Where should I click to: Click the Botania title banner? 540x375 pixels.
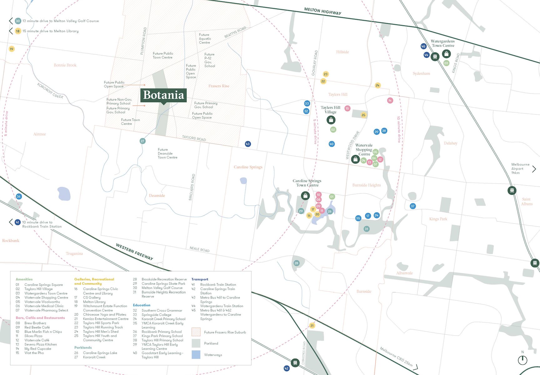(164, 95)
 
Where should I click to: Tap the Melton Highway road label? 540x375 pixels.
(323, 11)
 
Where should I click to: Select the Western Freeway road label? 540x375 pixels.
(134, 252)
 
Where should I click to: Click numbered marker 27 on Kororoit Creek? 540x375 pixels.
(142, 141)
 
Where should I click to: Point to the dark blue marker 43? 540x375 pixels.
(248, 144)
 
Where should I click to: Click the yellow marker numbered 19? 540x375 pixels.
(12, 49)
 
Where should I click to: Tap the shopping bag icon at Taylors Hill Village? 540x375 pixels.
(331, 120)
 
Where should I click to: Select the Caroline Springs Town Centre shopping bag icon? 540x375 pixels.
(305, 196)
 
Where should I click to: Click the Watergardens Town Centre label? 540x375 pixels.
(442, 43)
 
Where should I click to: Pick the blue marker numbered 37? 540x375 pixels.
(413, 206)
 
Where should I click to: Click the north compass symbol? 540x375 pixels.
(522, 360)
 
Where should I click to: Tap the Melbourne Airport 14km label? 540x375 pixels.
(520, 168)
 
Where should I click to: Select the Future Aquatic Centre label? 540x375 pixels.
(205, 39)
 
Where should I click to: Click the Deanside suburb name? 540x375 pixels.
(157, 196)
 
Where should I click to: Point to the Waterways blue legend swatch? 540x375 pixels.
(196, 355)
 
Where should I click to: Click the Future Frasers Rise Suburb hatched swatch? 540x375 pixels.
(196, 332)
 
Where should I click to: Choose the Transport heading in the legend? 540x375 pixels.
(200, 279)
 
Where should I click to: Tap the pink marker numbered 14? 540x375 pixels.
(390, 101)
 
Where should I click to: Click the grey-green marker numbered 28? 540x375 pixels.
(296, 263)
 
